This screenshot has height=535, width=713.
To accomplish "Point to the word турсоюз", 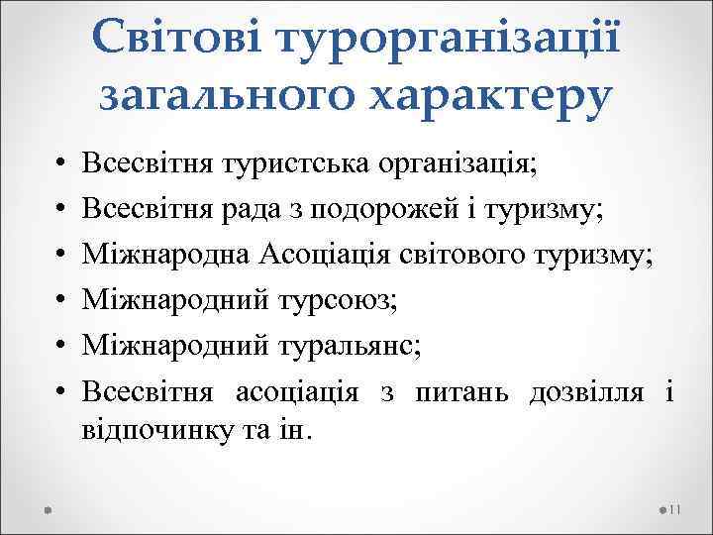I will pyautogui.click(x=344, y=300).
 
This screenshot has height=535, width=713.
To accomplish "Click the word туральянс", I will pyautogui.click(x=359, y=346).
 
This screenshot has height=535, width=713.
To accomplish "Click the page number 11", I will pyautogui.click(x=676, y=509).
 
